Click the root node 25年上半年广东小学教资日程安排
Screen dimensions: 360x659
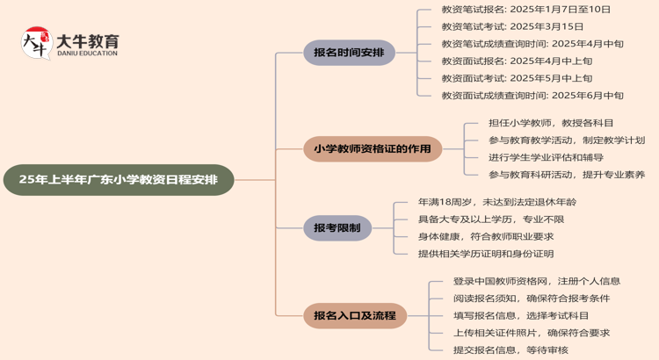pyautogui.click(x=119, y=180)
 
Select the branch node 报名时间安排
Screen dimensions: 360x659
pyautogui.click(x=349, y=53)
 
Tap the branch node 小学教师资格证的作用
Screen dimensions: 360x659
pyautogui.click(x=373, y=148)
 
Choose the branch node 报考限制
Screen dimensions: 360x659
pyautogui.click(x=337, y=228)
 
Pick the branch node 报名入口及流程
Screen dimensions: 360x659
pyautogui.click(x=354, y=315)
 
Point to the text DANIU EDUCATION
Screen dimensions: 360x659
pyautogui.click(x=88, y=54)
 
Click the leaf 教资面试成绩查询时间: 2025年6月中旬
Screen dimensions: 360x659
pyautogui.click(x=532, y=96)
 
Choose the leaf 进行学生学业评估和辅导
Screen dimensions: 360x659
pyautogui.click(x=546, y=158)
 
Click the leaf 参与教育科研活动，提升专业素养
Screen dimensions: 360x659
pyautogui.click(x=567, y=175)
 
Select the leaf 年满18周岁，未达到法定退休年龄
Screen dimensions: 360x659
pyautogui.click(x=497, y=202)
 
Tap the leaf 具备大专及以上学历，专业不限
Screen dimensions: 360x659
pyautogui.click(x=491, y=220)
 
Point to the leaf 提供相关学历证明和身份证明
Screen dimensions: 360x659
pyautogui.click(x=486, y=254)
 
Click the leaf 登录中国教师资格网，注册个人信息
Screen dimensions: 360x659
pyautogui.click(x=537, y=281)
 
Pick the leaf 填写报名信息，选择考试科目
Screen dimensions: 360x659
pyautogui.click(x=521, y=315)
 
